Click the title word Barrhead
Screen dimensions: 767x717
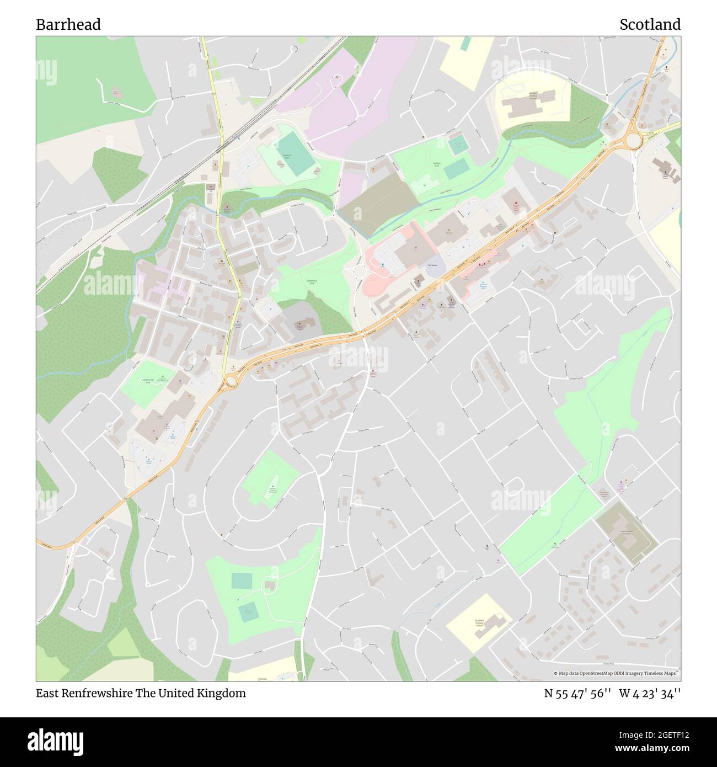[68, 25]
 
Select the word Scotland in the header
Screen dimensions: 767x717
[650, 25]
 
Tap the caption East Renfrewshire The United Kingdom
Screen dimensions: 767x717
[141, 693]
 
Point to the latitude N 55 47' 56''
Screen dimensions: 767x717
[576, 693]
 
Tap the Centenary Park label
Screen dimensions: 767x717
[312, 282]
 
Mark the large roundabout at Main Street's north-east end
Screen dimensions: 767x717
[634, 141]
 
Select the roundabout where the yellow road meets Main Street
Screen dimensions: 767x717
[229, 380]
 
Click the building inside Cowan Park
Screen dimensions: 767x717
[270, 584]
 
